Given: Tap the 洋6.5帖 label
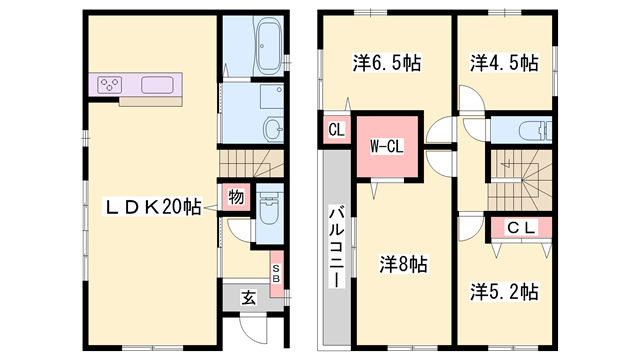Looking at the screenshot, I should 386,63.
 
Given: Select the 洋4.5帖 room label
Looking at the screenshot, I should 505,63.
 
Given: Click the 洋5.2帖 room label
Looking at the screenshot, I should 505,292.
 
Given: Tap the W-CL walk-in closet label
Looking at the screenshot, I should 386,147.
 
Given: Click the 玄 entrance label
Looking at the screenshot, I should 248,296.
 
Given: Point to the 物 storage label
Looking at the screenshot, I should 235,197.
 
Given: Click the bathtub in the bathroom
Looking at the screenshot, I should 268,51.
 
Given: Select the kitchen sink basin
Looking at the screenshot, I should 159,85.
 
